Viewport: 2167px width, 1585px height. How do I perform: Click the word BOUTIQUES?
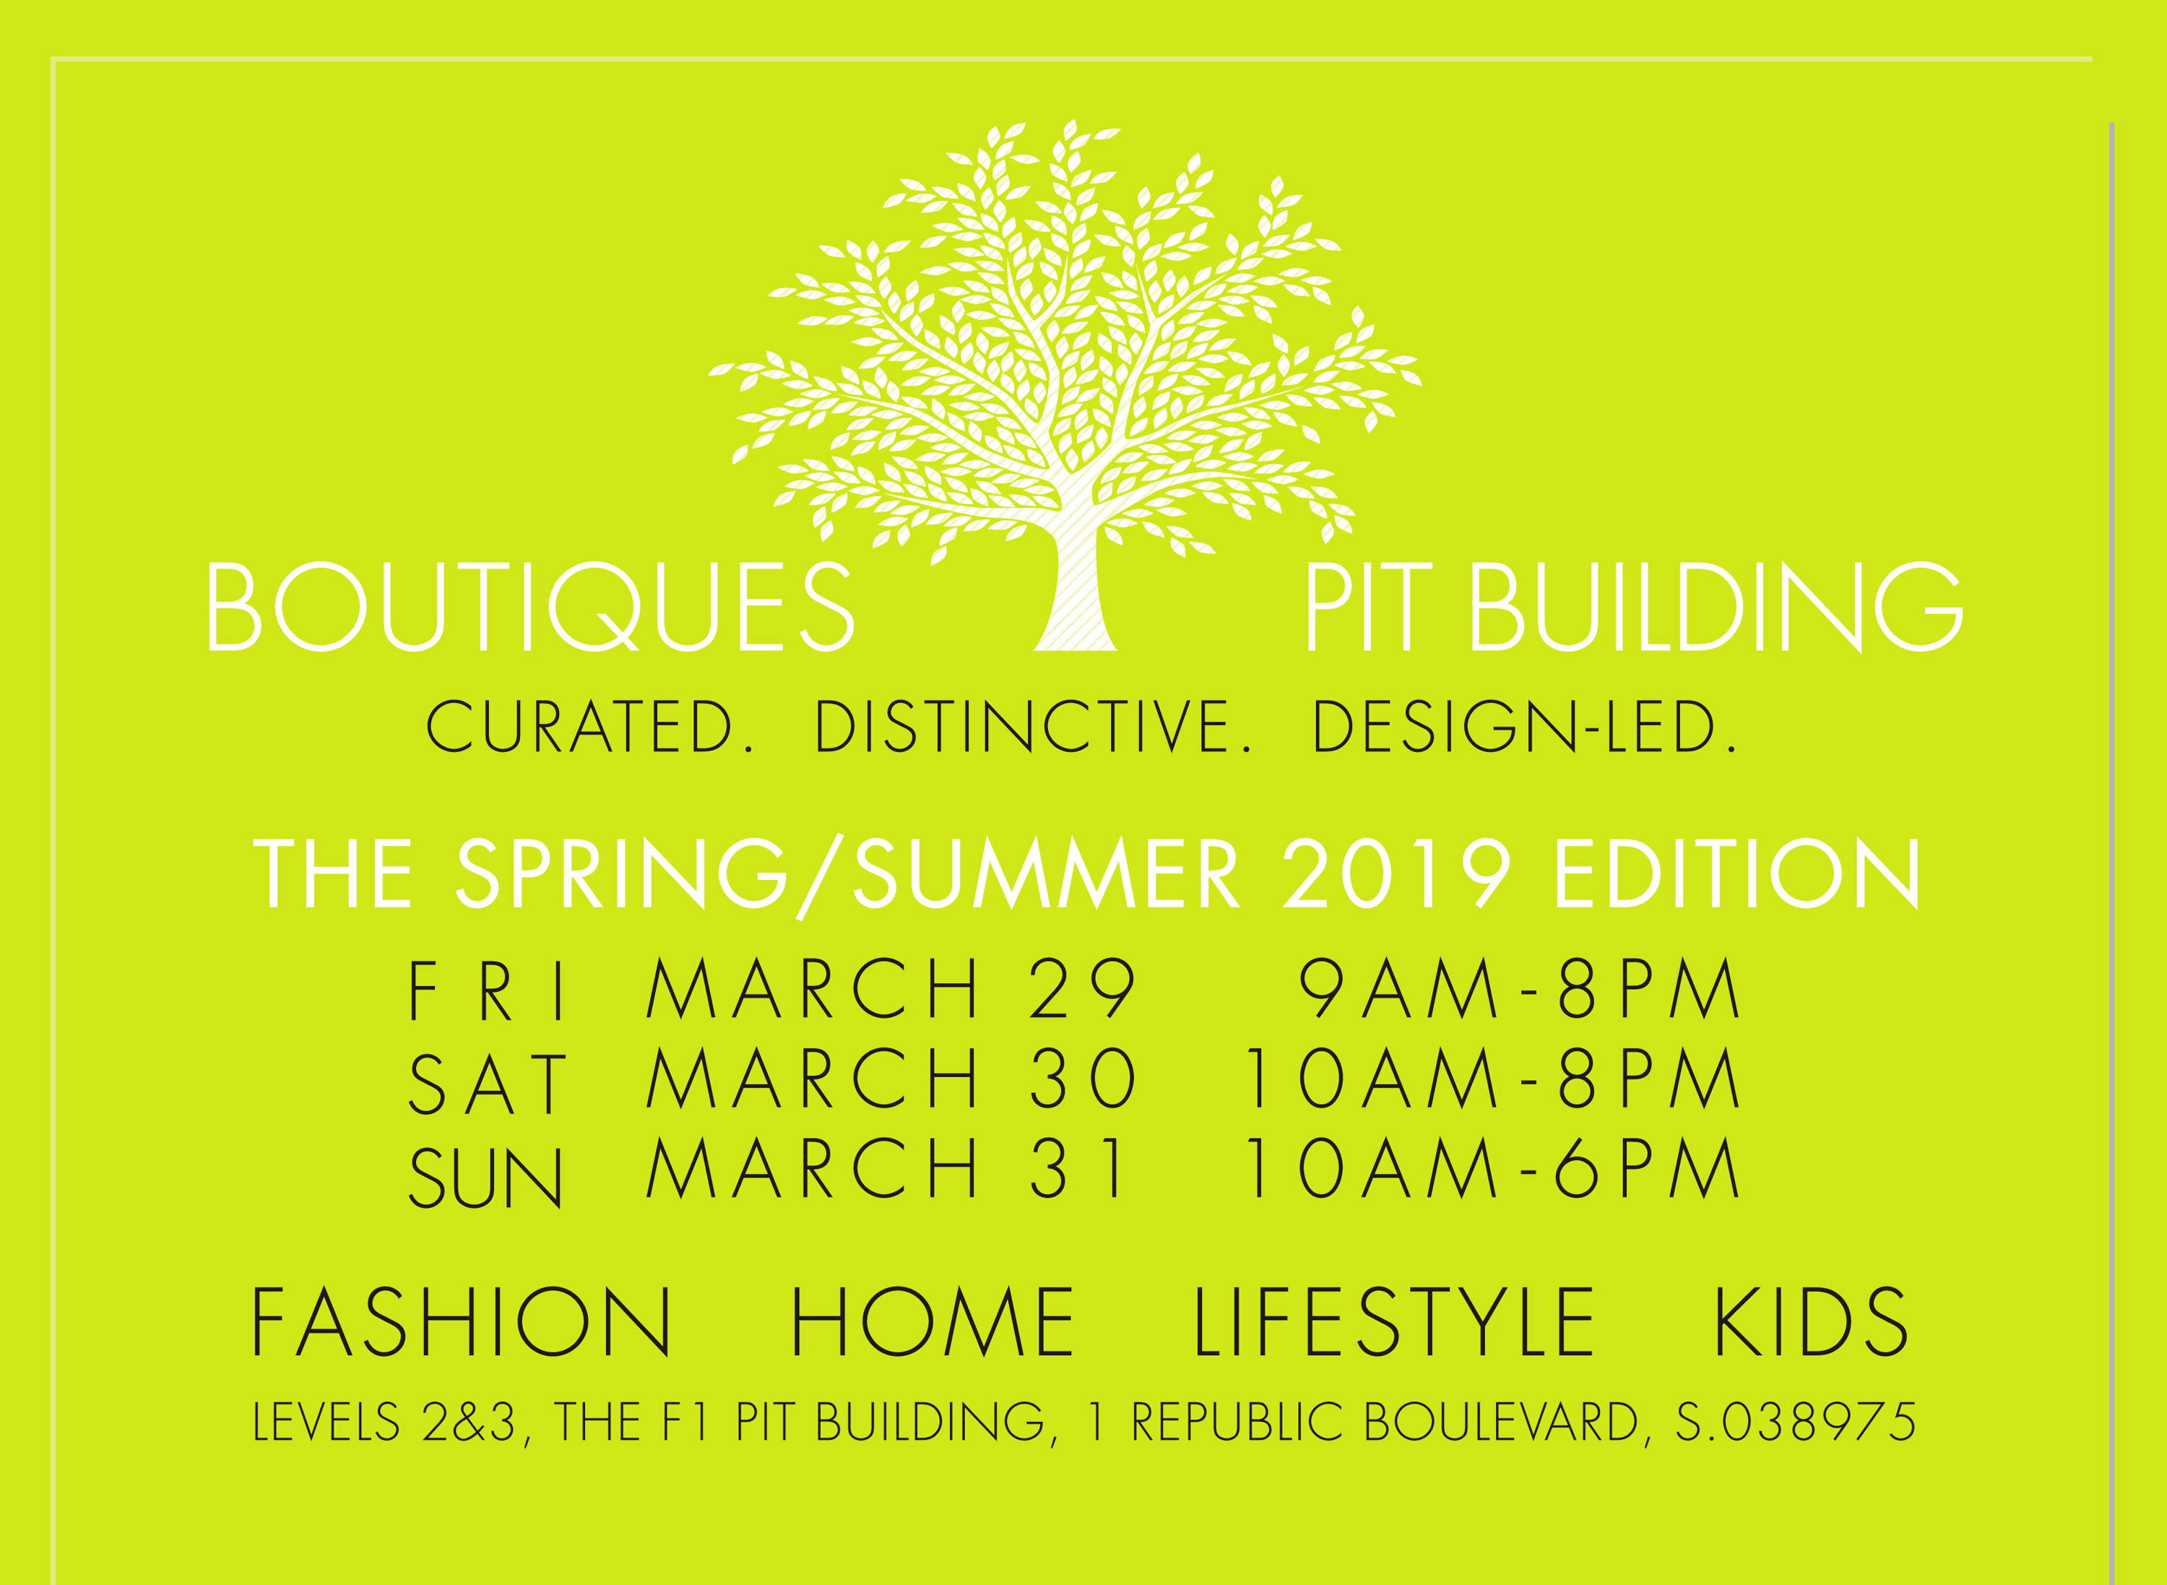[529, 608]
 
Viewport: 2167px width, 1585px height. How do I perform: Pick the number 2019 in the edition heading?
[1397, 873]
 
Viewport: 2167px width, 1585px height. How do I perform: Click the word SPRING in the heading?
[620, 873]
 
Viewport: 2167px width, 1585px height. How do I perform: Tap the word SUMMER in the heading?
[1046, 873]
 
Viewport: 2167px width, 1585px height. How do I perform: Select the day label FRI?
[488, 992]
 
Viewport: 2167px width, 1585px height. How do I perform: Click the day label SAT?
[488, 1083]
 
